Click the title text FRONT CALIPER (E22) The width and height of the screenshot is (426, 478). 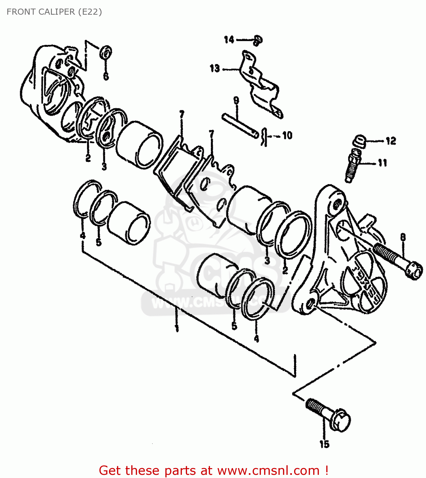pyautogui.click(x=54, y=12)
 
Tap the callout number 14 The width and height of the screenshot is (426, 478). pyautogui.click(x=229, y=40)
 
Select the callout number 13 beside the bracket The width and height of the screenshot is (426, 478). pyautogui.click(x=215, y=68)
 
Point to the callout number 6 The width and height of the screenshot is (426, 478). pyautogui.click(x=106, y=76)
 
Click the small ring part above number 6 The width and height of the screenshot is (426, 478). pyautogui.click(x=106, y=53)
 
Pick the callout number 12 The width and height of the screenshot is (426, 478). pyautogui.click(x=391, y=141)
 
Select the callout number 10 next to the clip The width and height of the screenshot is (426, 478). pyautogui.click(x=287, y=136)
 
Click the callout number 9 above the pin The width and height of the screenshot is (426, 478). pyautogui.click(x=236, y=101)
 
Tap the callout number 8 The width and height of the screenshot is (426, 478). pyautogui.click(x=403, y=237)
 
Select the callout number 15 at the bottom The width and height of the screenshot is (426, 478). pyautogui.click(x=324, y=444)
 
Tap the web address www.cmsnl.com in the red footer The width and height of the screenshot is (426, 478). pyautogui.click(x=268, y=470)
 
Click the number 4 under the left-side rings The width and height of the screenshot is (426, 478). pyautogui.click(x=83, y=235)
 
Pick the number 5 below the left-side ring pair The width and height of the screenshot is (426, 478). pyautogui.click(x=99, y=243)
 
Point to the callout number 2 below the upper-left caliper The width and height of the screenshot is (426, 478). pyautogui.click(x=88, y=157)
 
